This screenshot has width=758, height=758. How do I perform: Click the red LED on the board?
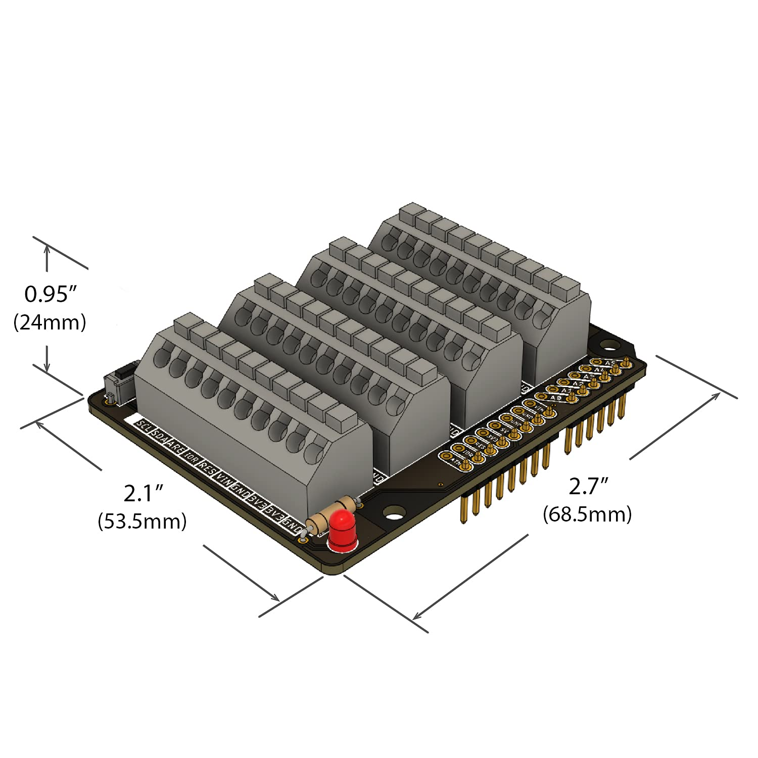pyautogui.click(x=343, y=530)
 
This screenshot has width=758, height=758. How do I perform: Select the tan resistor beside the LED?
pyautogui.click(x=332, y=513)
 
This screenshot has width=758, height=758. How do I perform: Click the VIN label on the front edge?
pyautogui.click(x=223, y=479)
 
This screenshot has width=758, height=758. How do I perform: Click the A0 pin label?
pyautogui.click(x=555, y=398)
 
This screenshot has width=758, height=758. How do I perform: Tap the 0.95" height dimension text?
pyautogui.click(x=51, y=294)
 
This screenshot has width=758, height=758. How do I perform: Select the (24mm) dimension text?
pyautogui.click(x=50, y=322)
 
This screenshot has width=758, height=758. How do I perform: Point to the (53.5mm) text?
pyautogui.click(x=142, y=521)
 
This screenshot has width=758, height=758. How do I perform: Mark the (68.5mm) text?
pyautogui.click(x=587, y=514)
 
